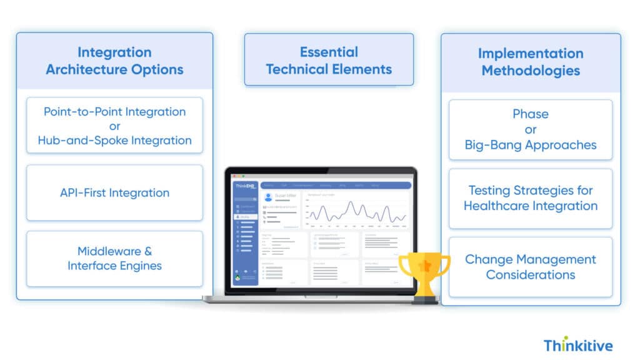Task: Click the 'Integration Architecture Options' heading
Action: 114,61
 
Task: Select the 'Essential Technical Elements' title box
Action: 329,61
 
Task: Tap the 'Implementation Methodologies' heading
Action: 530,62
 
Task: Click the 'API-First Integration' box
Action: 114,192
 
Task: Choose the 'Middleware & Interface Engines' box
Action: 114,259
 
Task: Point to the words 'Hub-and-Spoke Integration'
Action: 114,140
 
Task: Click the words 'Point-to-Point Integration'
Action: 114,112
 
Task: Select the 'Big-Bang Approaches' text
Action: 530,145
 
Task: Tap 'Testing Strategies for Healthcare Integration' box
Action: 530,198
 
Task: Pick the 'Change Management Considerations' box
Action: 530,267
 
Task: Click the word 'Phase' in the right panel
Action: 530,114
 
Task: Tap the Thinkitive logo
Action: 577,345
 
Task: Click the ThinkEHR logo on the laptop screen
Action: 245,186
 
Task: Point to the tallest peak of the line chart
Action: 351,202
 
